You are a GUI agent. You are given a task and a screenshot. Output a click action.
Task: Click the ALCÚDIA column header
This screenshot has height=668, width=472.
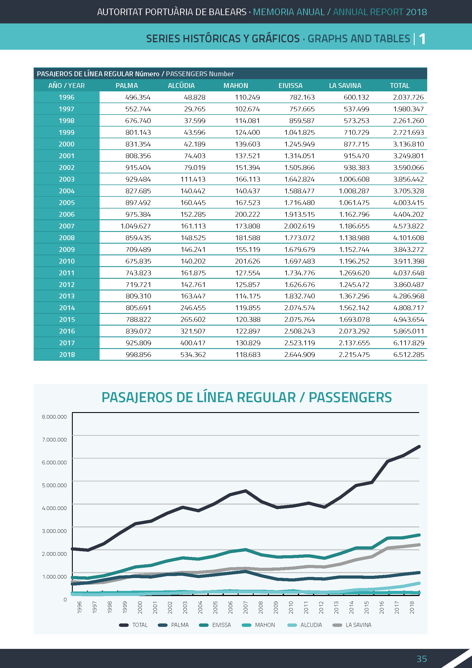click(181, 86)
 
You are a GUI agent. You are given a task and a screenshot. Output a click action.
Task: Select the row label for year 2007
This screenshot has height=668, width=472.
click(66, 226)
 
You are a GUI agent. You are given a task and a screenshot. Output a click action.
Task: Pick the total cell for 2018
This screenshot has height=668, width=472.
click(408, 355)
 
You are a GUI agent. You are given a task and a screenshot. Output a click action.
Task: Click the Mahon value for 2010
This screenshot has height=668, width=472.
click(247, 261)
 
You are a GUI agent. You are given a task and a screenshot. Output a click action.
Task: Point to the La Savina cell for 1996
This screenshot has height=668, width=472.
click(356, 97)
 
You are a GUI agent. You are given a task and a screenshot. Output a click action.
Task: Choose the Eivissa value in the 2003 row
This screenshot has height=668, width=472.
click(299, 179)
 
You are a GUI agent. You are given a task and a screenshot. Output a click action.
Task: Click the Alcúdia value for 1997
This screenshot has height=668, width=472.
click(194, 109)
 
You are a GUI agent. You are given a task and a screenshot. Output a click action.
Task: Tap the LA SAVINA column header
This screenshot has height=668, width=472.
click(345, 86)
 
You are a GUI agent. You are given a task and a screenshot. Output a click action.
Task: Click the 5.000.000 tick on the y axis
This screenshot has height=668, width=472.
click(54, 485)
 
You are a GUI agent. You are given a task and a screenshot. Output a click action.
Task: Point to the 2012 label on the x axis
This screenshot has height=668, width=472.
click(321, 607)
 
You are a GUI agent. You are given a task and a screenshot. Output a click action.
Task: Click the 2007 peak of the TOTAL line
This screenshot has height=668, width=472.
click(246, 491)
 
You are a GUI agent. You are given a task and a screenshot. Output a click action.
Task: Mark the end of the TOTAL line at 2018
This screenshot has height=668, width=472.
click(419, 446)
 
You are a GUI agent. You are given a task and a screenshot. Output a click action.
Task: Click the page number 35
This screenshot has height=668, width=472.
click(422, 659)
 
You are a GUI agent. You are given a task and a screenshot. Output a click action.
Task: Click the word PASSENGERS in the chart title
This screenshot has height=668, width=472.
click(350, 398)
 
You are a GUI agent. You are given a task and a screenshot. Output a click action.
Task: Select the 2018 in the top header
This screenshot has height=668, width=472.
click(416, 12)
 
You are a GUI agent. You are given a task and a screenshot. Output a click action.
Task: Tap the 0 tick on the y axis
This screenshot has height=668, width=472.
click(65, 600)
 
